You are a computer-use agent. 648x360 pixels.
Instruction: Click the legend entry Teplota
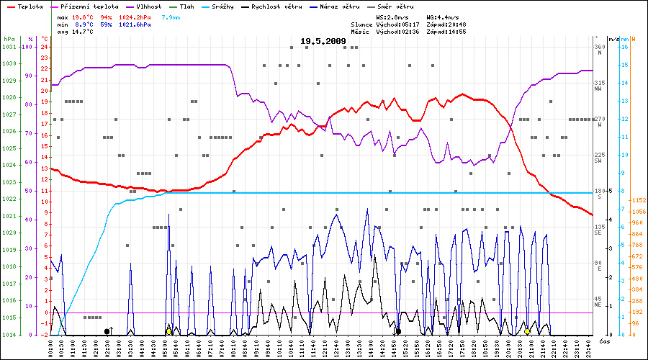tap(30, 6)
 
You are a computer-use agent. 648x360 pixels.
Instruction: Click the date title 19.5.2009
tap(323, 42)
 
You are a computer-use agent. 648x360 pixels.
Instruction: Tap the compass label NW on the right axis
tap(598, 89)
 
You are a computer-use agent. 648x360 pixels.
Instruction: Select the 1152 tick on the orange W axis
tap(637, 200)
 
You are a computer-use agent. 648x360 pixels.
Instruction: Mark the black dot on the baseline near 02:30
tap(107, 331)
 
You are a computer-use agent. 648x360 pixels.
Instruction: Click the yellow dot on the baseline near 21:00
tap(527, 331)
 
